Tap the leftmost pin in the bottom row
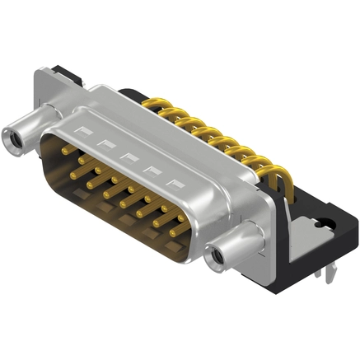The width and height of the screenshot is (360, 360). (x=74, y=175)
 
